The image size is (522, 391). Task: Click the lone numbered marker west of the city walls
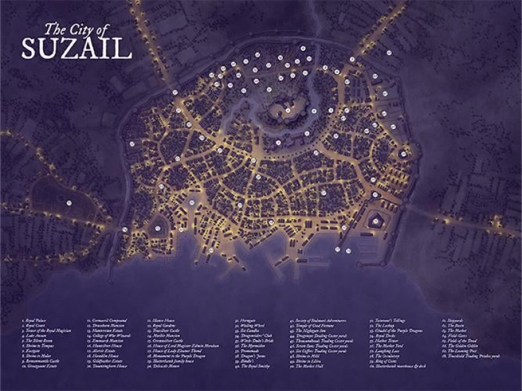tap(68, 203)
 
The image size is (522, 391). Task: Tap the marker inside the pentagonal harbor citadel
tap(376, 222)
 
